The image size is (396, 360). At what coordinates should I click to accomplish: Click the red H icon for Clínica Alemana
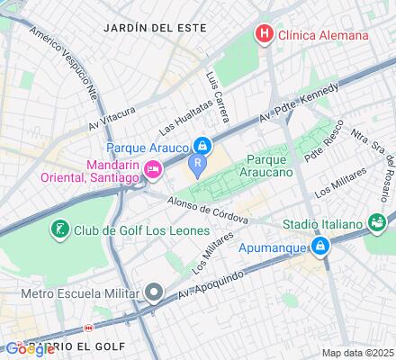click(x=265, y=35)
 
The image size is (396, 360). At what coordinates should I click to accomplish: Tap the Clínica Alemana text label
click(x=324, y=35)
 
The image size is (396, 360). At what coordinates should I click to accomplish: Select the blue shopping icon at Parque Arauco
click(x=203, y=144)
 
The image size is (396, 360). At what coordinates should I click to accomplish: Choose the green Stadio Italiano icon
click(x=379, y=221)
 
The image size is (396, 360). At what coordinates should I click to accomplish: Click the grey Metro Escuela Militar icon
click(x=154, y=292)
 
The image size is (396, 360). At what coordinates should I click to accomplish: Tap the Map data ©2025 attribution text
click(x=357, y=352)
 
